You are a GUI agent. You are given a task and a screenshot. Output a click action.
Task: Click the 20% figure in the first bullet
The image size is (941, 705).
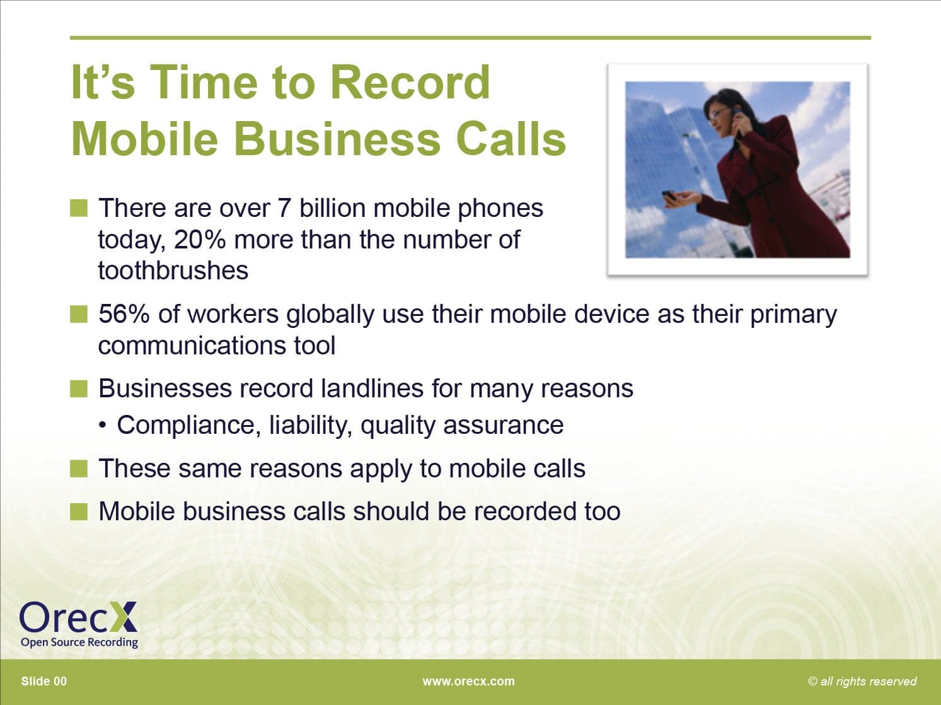point(200,239)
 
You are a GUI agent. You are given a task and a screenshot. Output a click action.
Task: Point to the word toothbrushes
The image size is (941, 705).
point(173,271)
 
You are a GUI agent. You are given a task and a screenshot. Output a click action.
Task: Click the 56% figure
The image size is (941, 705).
point(124,314)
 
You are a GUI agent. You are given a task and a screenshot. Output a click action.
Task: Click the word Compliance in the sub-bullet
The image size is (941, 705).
point(188,426)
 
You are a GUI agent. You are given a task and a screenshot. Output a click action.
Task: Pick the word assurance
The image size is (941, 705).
point(504,426)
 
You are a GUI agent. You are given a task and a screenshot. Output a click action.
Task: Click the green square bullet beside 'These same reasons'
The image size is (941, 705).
point(79,469)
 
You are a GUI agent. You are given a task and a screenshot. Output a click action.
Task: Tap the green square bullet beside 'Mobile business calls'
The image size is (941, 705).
point(79,511)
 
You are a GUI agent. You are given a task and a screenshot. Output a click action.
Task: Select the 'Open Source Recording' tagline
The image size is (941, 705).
point(79,643)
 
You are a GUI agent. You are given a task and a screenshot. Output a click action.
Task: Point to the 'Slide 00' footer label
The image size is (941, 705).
point(44,682)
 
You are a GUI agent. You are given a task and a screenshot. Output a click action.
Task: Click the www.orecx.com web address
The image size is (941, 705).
point(468,682)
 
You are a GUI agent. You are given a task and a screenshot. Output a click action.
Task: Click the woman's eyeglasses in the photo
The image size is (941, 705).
point(718,114)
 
